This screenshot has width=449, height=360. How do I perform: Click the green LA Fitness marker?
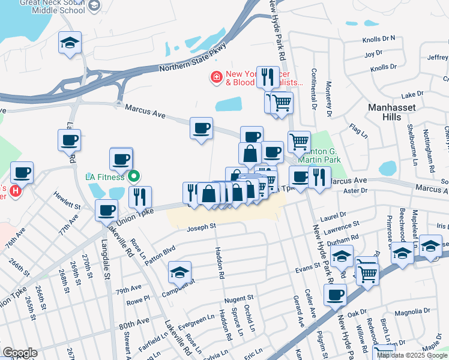(x=134, y=176)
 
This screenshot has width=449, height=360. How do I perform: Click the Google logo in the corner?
(x=19, y=353)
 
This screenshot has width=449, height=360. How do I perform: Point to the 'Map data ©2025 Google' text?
(x=412, y=355)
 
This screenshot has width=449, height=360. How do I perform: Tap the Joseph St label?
(x=200, y=227)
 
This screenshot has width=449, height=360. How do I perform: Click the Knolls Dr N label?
(x=379, y=38)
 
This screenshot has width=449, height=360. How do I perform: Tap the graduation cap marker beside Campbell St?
(x=179, y=272)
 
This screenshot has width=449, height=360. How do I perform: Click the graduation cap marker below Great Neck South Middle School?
(x=70, y=43)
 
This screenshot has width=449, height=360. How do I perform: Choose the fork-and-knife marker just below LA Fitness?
(x=140, y=197)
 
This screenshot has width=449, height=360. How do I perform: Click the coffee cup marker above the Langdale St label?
(x=107, y=210)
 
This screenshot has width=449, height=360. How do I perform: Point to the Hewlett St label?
(x=67, y=205)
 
